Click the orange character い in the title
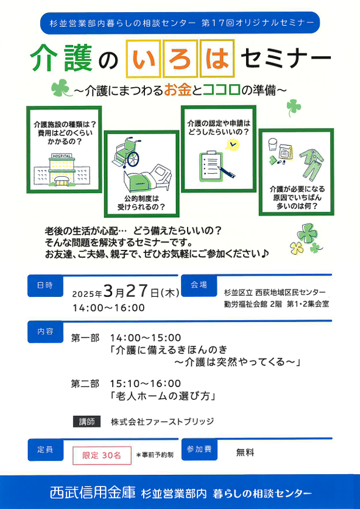coord(143,59)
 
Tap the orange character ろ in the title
coord(180,59)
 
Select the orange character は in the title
coord(217,59)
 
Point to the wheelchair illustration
coord(127,152)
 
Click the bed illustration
coord(147,179)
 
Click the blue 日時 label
coord(45,286)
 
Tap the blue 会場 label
coord(199,285)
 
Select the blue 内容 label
coord(45,332)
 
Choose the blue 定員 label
coord(45,450)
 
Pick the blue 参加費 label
coord(199,449)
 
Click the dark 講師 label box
coord(86,421)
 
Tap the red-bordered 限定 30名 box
coord(102,455)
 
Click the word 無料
coord(245,452)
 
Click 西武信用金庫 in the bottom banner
coord(93,493)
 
